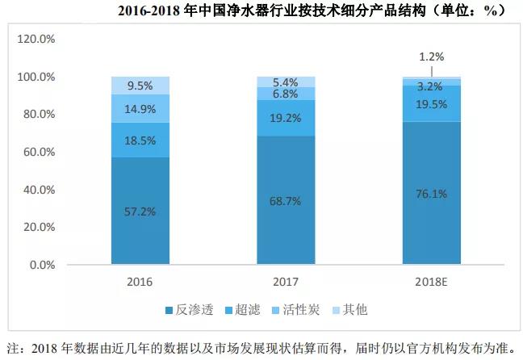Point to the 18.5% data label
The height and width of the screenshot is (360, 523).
pyautogui.click(x=140, y=140)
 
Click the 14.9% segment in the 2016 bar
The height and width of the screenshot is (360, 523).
pyautogui.click(x=140, y=108)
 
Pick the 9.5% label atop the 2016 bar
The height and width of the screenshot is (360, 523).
pyautogui.click(x=140, y=85)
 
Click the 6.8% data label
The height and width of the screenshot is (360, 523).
pyautogui.click(x=287, y=94)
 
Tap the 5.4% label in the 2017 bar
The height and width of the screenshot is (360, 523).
pyautogui.click(x=287, y=82)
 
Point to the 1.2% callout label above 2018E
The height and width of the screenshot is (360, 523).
pyautogui.click(x=433, y=57)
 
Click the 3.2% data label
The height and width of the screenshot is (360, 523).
pyautogui.click(x=433, y=85)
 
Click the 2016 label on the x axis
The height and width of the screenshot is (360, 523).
pyautogui.click(x=140, y=283)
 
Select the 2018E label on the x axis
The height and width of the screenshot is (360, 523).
pyautogui.click(x=433, y=283)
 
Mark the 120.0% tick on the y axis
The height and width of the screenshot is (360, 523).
pyautogui.click(x=36, y=39)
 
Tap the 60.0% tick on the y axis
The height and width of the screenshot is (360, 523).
pyautogui.click(x=36, y=152)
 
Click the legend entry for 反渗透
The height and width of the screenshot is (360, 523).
pyautogui.click(x=188, y=311)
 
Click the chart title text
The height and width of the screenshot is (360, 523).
pyautogui.click(x=312, y=10)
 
